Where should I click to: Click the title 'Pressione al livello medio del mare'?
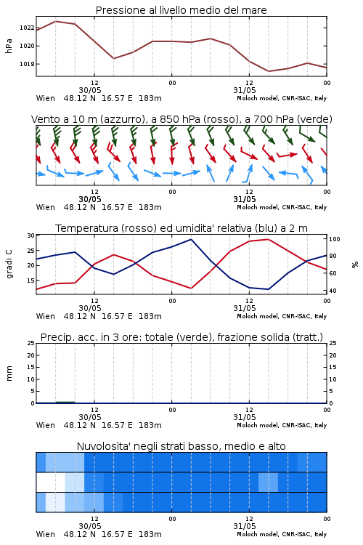click(x=181, y=10)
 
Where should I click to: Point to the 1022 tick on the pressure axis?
click(x=27, y=28)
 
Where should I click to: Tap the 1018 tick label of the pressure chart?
click(x=27, y=64)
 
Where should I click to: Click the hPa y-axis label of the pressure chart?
click(x=9, y=46)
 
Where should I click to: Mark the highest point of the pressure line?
click(x=56, y=21)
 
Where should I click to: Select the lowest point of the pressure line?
click(x=269, y=71)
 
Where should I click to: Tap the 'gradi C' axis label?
click(x=9, y=265)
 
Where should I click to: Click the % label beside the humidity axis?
click(x=355, y=265)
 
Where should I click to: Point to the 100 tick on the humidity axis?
click(x=334, y=239)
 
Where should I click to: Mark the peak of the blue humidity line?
click(x=191, y=239)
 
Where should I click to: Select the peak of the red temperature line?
click(x=268, y=239)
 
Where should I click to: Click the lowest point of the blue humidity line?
click(x=268, y=289)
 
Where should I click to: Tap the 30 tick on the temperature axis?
click(x=30, y=235)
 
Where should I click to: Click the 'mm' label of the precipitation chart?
click(x=9, y=373)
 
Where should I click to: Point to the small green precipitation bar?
click(x=65, y=402)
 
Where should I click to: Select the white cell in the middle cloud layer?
click(x=51, y=483)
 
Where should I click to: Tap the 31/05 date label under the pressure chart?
click(x=245, y=90)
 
